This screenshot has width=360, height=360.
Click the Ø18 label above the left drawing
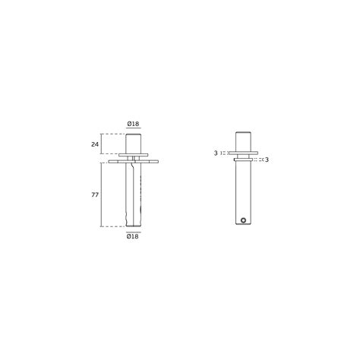click(133, 124)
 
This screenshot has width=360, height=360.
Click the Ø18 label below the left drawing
click(133, 236)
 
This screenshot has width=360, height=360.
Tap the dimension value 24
click(95, 144)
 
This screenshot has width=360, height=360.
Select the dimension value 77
click(95, 194)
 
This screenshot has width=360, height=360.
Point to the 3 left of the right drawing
click(216, 153)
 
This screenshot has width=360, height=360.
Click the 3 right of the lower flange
click(267, 159)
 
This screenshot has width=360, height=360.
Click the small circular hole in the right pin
click(243, 220)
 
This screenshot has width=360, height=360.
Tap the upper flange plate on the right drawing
click(243, 153)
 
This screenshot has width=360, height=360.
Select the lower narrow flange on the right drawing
click(243, 159)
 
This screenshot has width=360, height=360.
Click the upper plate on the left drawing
click(133, 155)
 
